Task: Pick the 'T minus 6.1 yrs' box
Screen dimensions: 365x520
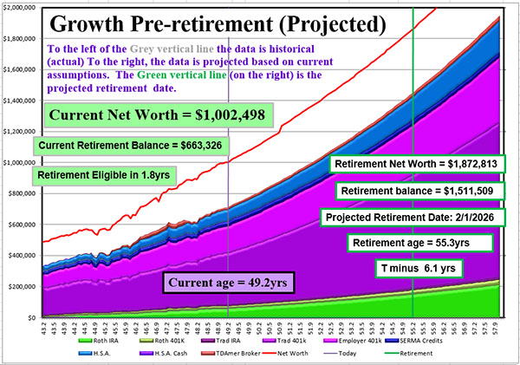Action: tap(413, 267)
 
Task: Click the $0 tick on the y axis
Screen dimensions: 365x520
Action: tap(31, 317)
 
